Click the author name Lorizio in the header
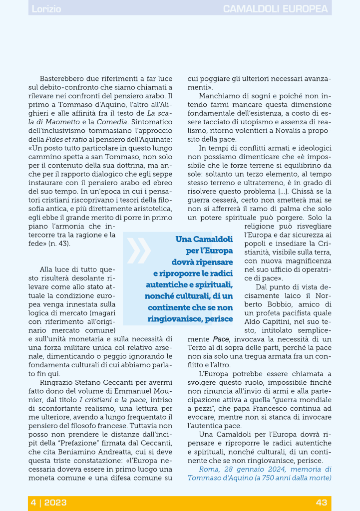46,9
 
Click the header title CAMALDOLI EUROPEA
276,9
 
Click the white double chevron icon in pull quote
138,251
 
